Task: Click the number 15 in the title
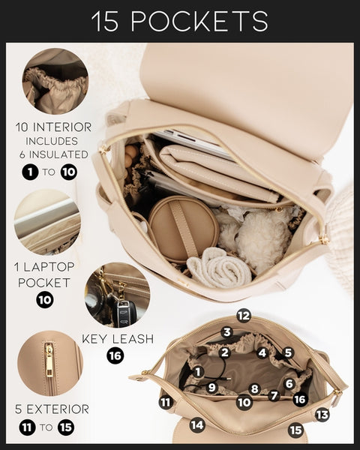click(107, 21)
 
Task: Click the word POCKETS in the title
click(200, 21)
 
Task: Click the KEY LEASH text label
click(118, 338)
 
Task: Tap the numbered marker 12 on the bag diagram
click(243, 316)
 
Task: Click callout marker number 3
click(226, 332)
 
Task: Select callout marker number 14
click(197, 425)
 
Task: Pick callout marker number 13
click(322, 415)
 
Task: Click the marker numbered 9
click(212, 388)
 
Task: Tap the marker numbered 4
click(262, 352)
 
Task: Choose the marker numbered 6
click(289, 384)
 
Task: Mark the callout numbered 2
click(223, 352)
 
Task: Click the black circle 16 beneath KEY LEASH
click(115, 355)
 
